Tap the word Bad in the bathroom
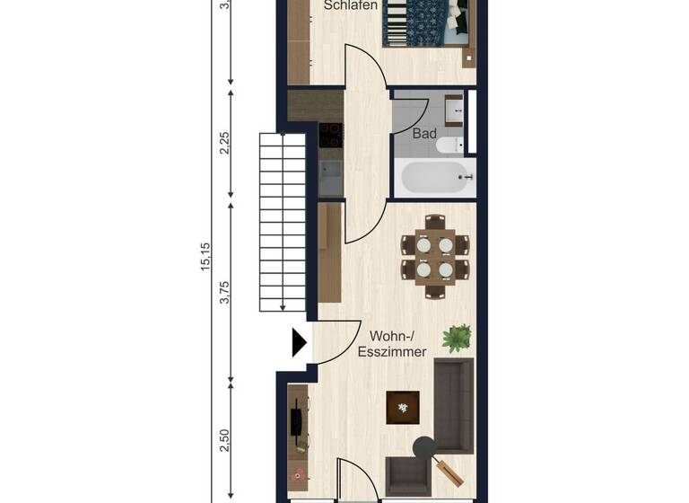(423, 134)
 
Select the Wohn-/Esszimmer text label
(391, 345)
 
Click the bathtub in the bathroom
(434, 178)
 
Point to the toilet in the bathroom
(448, 145)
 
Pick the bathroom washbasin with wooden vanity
(454, 111)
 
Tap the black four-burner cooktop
(330, 135)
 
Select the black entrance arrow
(299, 342)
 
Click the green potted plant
(458, 338)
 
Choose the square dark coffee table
(401, 408)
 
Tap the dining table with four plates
(435, 257)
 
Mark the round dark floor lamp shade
(423, 446)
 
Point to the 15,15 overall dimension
(205, 257)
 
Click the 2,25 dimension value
(224, 142)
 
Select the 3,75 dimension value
(224, 293)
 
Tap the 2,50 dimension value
(224, 440)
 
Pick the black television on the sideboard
(295, 422)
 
